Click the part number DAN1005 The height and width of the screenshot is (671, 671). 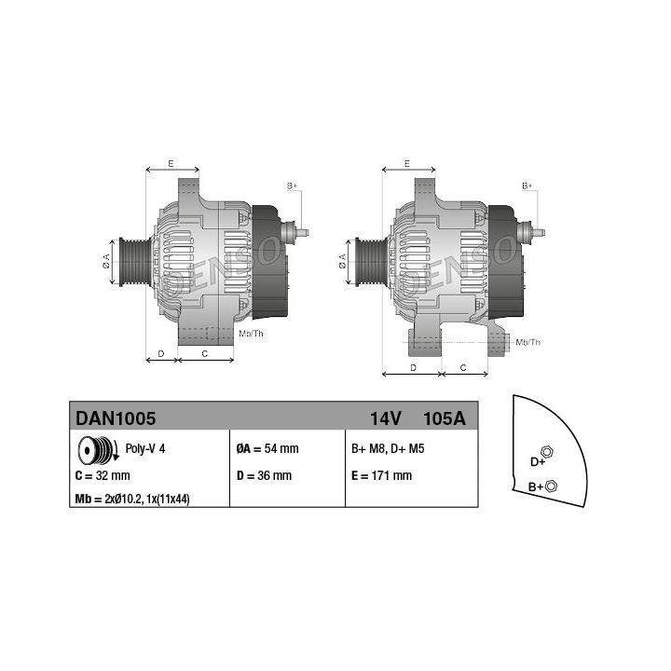(x=116, y=418)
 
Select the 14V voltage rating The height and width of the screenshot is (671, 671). (x=385, y=418)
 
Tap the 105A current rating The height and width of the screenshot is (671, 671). (x=444, y=418)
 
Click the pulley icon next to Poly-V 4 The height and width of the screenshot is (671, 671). (x=98, y=450)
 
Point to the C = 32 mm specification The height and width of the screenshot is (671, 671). (x=103, y=475)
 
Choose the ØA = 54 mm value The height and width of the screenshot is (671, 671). (x=267, y=448)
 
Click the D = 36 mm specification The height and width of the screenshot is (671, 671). (x=264, y=475)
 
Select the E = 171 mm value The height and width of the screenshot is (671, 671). (x=381, y=475)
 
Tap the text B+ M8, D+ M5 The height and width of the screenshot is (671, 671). (x=388, y=448)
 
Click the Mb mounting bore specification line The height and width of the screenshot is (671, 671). (x=132, y=499)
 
